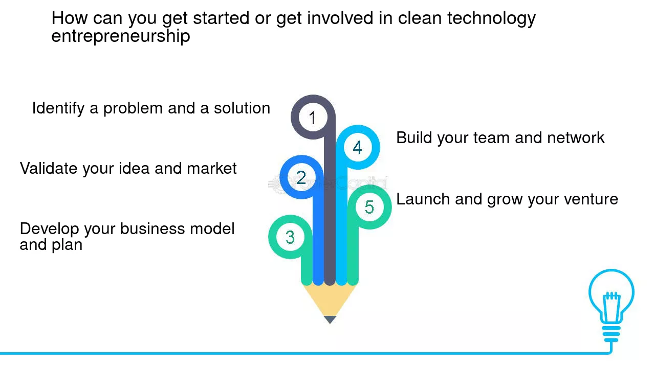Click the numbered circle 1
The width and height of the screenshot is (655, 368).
pyautogui.click(x=313, y=118)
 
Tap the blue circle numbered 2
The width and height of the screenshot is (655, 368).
pyautogui.click(x=301, y=177)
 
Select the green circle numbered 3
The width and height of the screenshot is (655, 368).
pyautogui.click(x=290, y=237)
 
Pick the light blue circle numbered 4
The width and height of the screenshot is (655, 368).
pyautogui.click(x=357, y=147)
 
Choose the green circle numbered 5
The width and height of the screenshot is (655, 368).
pyautogui.click(x=369, y=207)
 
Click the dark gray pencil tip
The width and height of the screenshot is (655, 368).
pyautogui.click(x=330, y=319)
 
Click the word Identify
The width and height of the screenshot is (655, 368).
pyautogui.click(x=58, y=108)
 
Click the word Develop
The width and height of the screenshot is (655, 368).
pyautogui.click(x=49, y=228)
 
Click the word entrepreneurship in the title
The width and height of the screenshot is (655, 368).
pyautogui.click(x=121, y=36)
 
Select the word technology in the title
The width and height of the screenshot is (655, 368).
pyautogui.click(x=491, y=18)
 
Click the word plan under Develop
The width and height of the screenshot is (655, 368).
pyautogui.click(x=67, y=245)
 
